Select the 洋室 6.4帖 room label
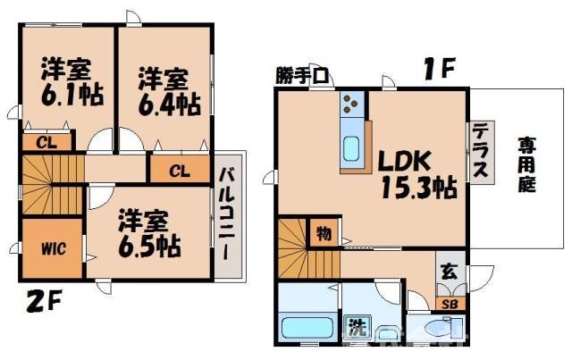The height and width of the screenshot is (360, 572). (x=168, y=92)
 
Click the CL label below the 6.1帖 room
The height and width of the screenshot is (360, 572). (x=43, y=141)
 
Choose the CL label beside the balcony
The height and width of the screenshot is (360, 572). (x=179, y=170)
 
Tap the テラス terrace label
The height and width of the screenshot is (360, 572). (x=481, y=151)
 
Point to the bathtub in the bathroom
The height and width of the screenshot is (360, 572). (x=307, y=326)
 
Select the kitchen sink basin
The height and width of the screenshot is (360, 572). (x=351, y=147)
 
